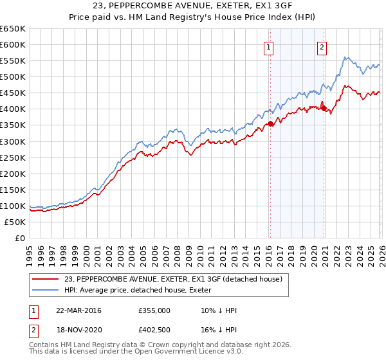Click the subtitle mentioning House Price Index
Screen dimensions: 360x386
click(x=193, y=18)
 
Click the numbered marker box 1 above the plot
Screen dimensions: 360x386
click(x=268, y=46)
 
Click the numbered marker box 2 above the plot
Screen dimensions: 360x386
click(x=321, y=46)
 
